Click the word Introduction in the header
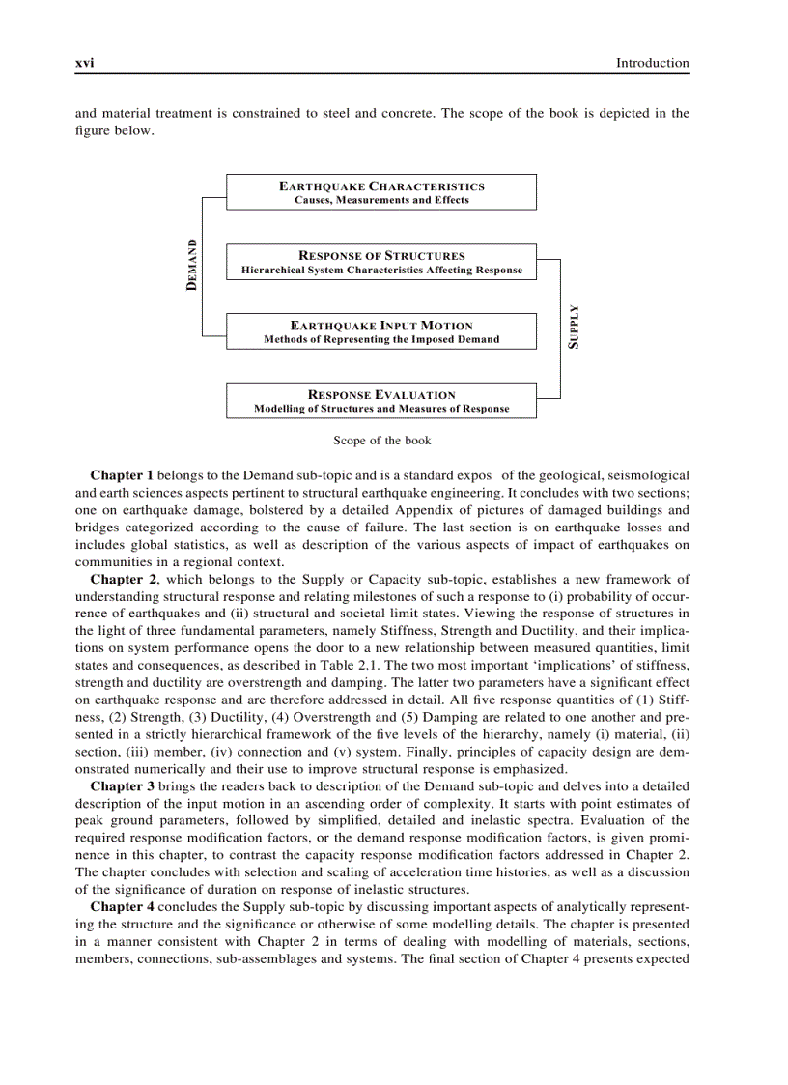pos(653,63)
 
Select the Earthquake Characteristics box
pos(380,192)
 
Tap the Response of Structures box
pos(380,262)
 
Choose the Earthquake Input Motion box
pos(380,331)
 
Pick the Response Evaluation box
pos(380,401)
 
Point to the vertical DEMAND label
pos(192,265)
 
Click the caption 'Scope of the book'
pos(381,441)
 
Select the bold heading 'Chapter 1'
pos(122,475)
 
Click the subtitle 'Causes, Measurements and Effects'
pos(380,200)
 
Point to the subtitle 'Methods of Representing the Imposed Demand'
pos(380,339)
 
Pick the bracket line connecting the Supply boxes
pos(560,328)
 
